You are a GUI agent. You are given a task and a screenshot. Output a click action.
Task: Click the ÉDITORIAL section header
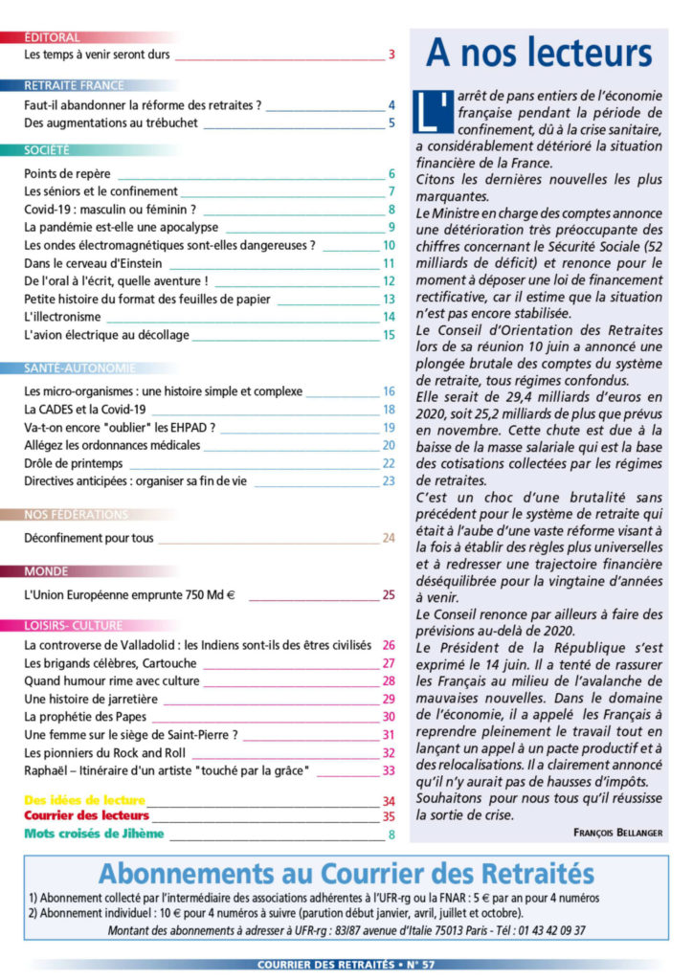[52, 37]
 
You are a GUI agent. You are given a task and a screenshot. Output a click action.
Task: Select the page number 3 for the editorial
[391, 55]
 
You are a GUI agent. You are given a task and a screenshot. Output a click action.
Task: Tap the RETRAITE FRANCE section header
[74, 85]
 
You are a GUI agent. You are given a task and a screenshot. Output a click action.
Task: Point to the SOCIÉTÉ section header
[47, 150]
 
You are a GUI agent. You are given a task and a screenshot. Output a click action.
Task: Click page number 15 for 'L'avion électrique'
[389, 335]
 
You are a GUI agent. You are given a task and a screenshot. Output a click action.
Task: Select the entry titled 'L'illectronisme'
[63, 317]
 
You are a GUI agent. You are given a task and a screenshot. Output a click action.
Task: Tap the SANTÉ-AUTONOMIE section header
[79, 367]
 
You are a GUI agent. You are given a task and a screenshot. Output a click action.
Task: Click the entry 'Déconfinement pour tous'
[88, 538]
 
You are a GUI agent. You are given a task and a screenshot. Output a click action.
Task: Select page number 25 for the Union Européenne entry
[389, 594]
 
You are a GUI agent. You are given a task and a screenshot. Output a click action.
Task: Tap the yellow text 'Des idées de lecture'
[84, 800]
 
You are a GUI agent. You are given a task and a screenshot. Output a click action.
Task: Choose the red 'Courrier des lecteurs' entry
[86, 816]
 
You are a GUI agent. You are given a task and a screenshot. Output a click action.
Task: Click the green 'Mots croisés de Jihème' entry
[94, 834]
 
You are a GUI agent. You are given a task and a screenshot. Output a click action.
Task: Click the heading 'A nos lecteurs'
[539, 54]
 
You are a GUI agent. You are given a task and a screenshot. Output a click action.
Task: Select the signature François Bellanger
[618, 833]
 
